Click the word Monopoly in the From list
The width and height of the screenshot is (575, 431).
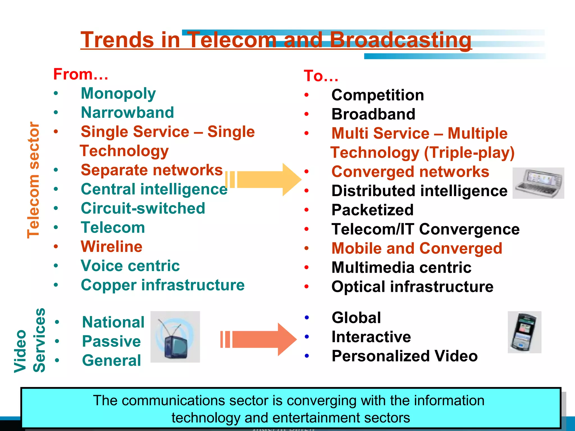click(x=118, y=94)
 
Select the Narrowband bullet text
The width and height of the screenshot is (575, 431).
click(x=127, y=113)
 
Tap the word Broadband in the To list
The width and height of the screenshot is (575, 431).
click(x=373, y=114)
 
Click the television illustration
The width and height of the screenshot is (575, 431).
click(x=175, y=337)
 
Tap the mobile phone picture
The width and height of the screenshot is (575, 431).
click(x=524, y=332)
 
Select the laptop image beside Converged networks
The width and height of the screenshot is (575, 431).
click(x=538, y=183)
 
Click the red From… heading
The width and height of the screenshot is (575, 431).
click(x=81, y=74)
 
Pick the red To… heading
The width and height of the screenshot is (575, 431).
click(x=321, y=76)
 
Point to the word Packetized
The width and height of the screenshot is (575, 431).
click(x=372, y=210)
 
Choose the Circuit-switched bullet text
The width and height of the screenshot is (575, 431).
click(x=143, y=208)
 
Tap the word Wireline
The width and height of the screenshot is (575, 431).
click(x=111, y=247)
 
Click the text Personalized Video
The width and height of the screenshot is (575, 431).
click(x=404, y=356)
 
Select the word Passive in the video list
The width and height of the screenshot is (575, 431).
click(x=111, y=341)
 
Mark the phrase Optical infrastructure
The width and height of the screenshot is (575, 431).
click(x=412, y=287)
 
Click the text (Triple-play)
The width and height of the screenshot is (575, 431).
click(x=469, y=153)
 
